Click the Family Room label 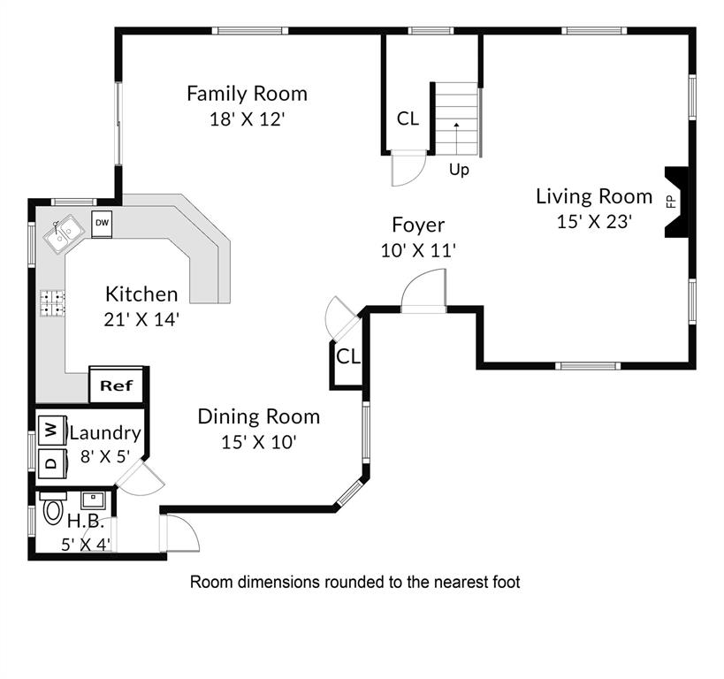[x=247, y=94]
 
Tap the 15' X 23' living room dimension [x=594, y=222]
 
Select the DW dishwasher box [x=102, y=224]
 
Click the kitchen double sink [x=65, y=233]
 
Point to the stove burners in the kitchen [x=52, y=303]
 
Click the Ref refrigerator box [x=117, y=385]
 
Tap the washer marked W [x=52, y=431]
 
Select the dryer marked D [x=52, y=463]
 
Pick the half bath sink [x=94, y=500]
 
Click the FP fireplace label [x=671, y=202]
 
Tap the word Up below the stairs [x=459, y=171]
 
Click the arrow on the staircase [x=457, y=139]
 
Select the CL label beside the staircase [x=408, y=118]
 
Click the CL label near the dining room [x=348, y=356]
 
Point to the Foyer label [x=418, y=225]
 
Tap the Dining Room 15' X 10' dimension [x=258, y=442]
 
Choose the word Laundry [x=105, y=433]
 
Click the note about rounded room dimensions [x=355, y=582]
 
